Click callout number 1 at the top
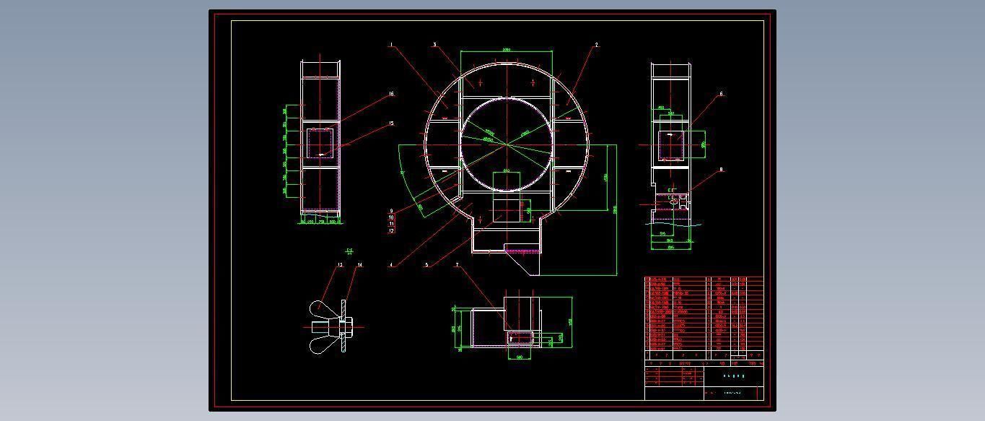coord(391,45)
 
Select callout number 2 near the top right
coord(596,45)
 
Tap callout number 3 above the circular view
coord(434,45)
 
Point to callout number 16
coord(391,94)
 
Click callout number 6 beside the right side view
coord(720,94)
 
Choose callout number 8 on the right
coord(720,170)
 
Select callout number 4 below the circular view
coord(391,265)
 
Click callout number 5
coord(426,265)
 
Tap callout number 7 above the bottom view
coord(457,265)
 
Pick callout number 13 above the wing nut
coord(340,265)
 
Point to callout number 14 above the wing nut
coord(359,265)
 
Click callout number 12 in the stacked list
coord(392,231)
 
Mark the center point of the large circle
coord(507,144)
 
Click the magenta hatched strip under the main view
coord(522,251)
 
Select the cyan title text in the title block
coord(733,376)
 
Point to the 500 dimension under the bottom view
coord(519,357)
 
